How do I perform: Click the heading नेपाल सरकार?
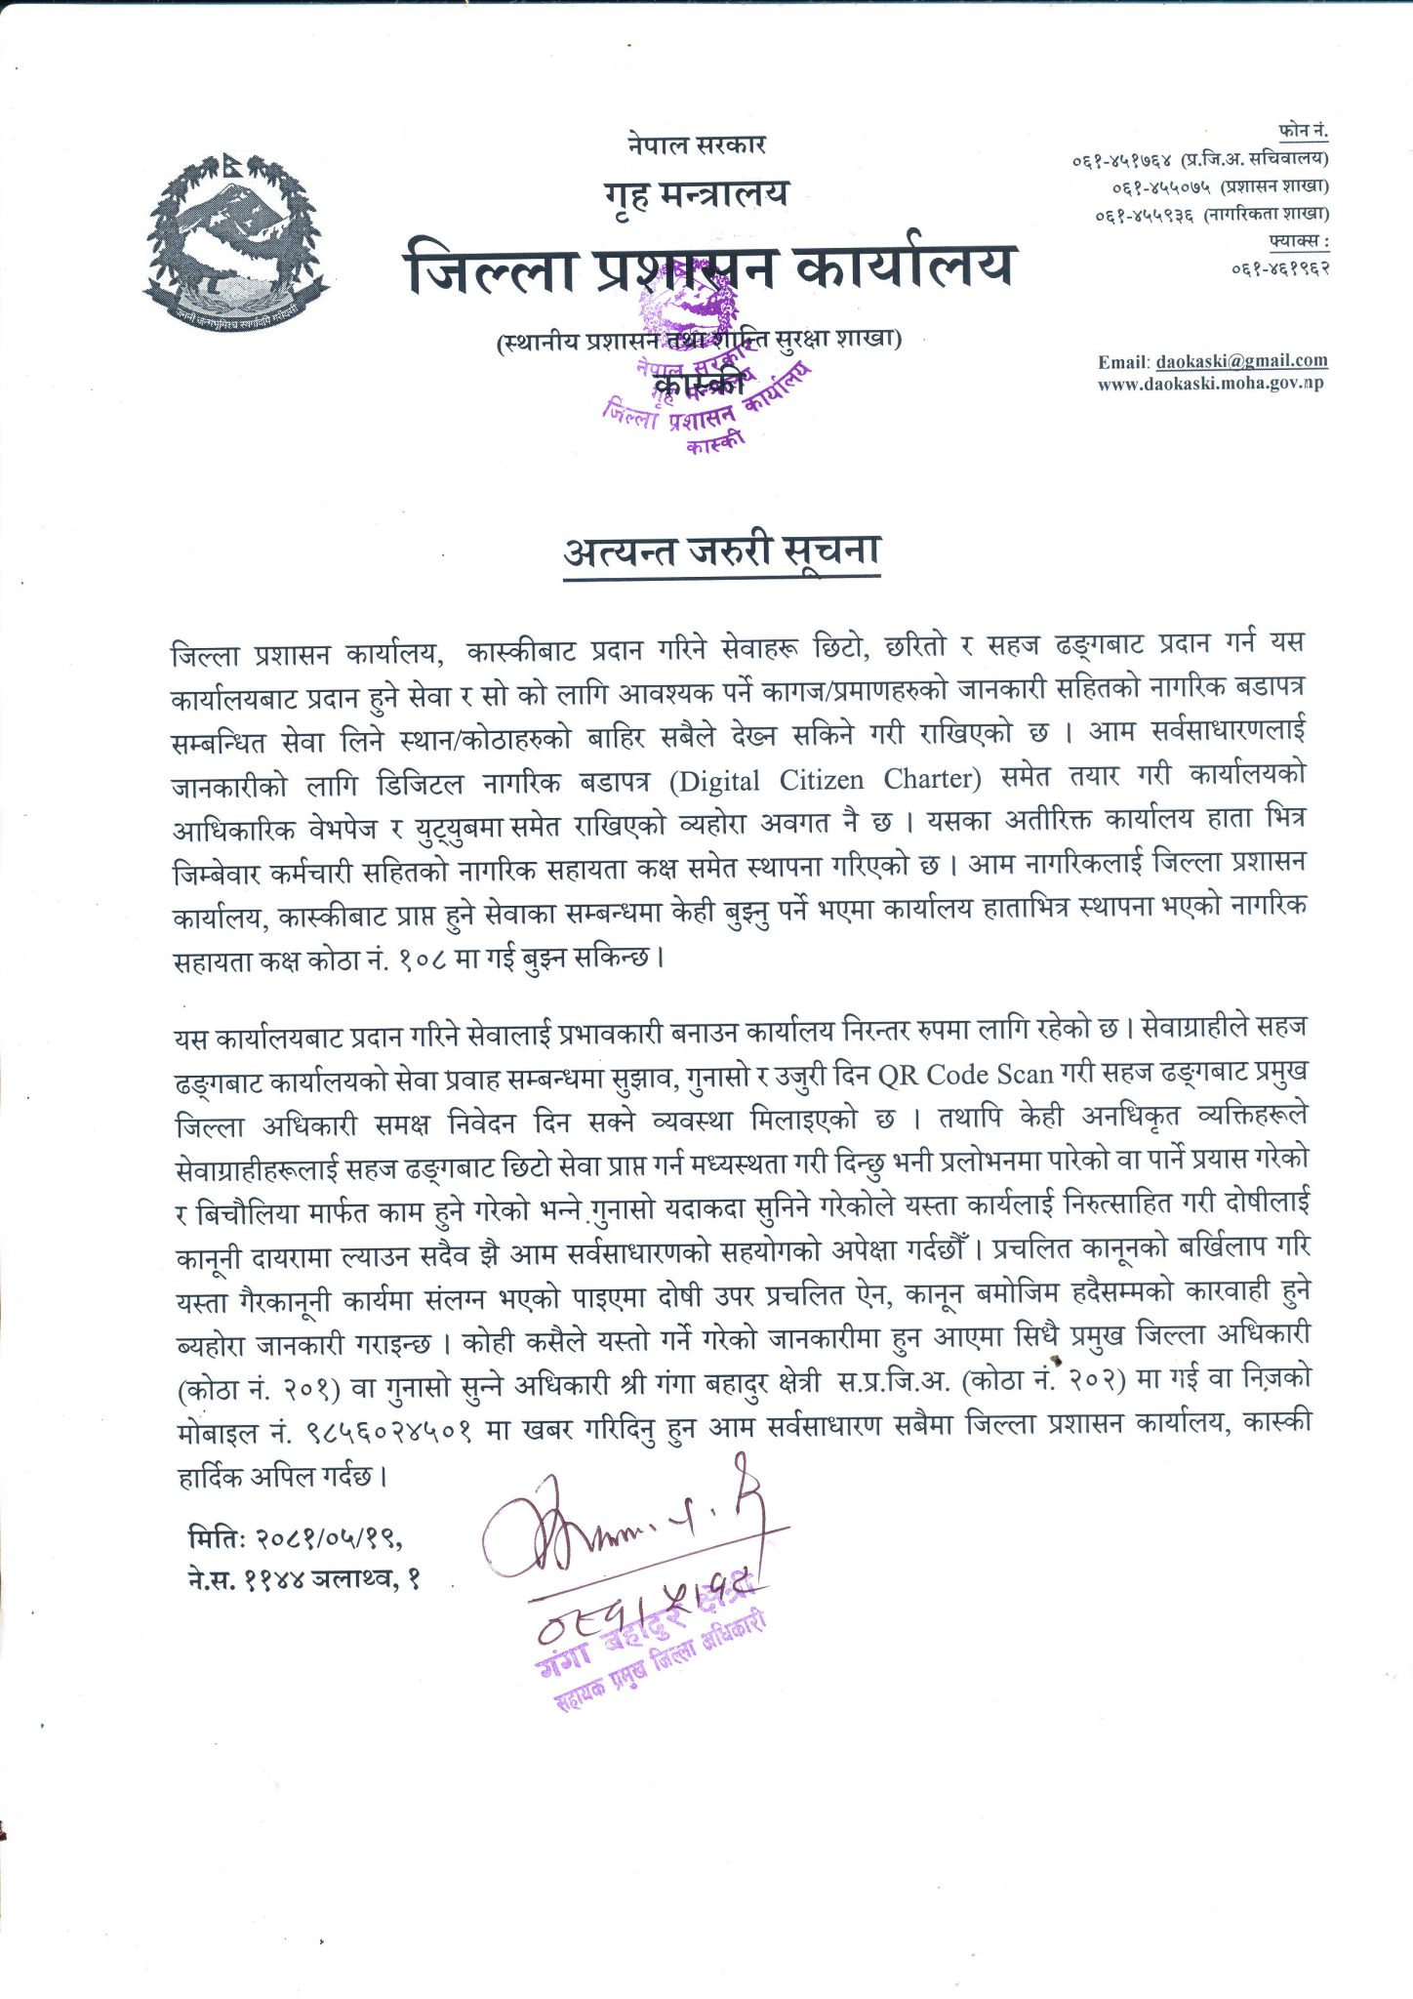point(697,144)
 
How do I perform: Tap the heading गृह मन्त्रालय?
point(696,195)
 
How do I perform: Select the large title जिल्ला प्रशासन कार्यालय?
point(709,265)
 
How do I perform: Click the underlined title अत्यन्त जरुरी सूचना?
point(722,551)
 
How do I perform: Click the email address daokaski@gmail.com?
point(1241,361)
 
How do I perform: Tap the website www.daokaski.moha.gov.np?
point(1210,384)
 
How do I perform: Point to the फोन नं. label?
point(1303,131)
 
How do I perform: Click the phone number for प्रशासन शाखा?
point(1160,185)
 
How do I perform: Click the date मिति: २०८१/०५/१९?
point(295,1538)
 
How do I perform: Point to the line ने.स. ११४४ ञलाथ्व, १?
point(303,1578)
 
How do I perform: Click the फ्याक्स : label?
point(1298,240)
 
